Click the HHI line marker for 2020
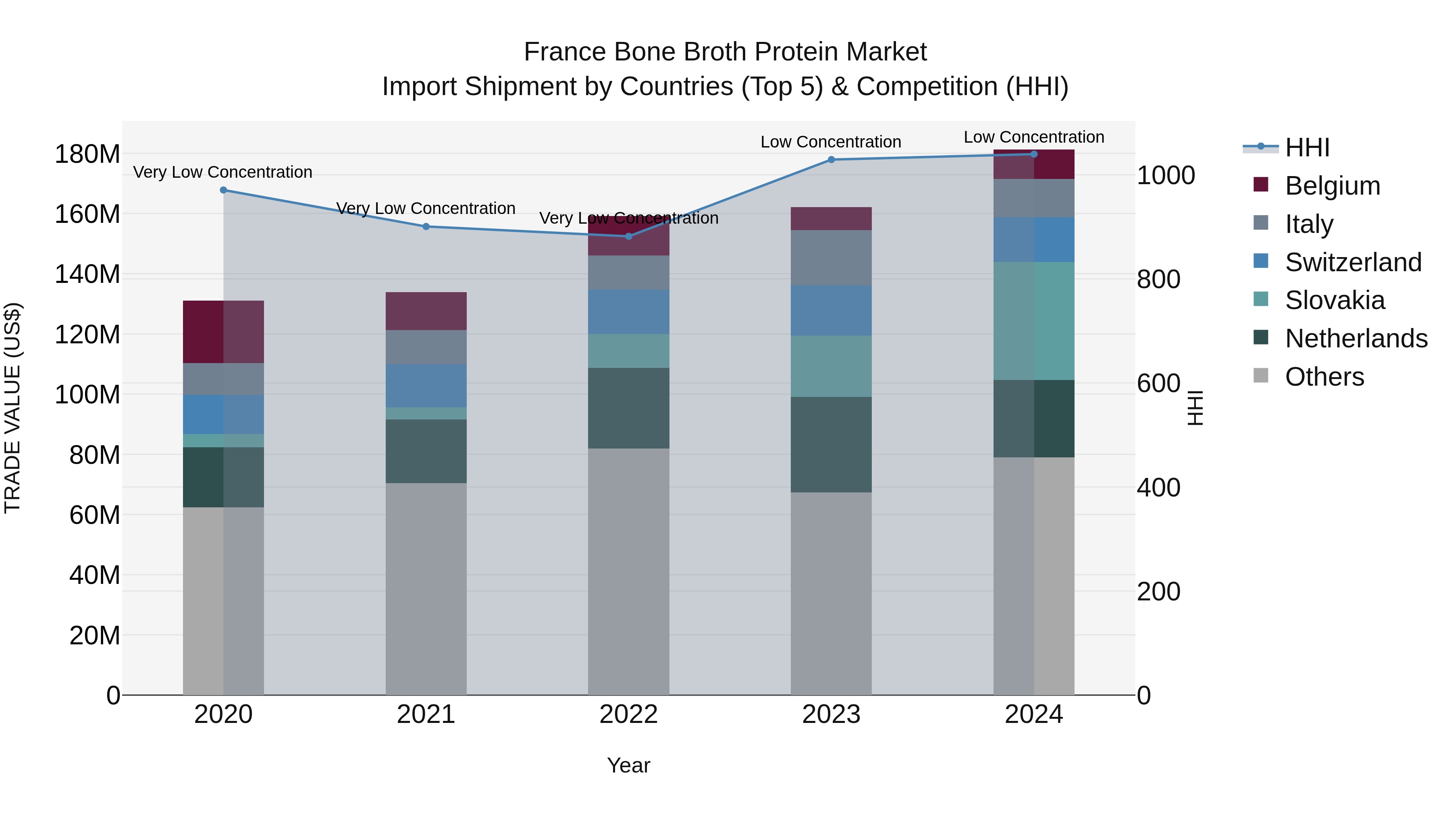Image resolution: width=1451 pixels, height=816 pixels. [224, 190]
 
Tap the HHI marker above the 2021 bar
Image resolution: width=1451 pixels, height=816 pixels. [426, 227]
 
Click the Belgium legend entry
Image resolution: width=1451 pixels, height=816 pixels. [1332, 186]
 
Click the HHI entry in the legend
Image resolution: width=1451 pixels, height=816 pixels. [1307, 147]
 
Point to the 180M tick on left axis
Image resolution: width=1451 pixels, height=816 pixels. [87, 154]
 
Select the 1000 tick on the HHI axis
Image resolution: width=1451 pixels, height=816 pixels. [1165, 176]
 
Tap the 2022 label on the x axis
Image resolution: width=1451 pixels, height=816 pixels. [629, 714]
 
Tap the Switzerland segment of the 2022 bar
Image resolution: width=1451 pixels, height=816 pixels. [629, 312]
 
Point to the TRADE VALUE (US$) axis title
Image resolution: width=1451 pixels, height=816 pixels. [12, 408]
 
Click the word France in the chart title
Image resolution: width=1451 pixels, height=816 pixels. [564, 52]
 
